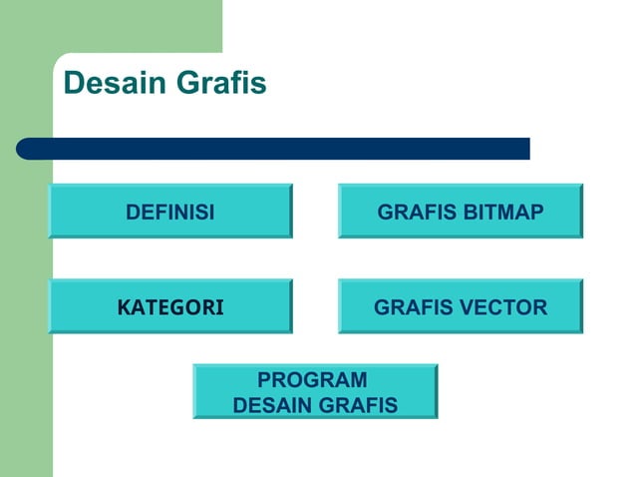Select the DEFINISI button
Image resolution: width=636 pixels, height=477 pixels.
click(x=170, y=212)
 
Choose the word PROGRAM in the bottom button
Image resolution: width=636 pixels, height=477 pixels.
click(x=312, y=380)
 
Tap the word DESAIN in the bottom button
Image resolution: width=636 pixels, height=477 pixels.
click(x=272, y=405)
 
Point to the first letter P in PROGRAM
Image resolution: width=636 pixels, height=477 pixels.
click(x=263, y=380)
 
